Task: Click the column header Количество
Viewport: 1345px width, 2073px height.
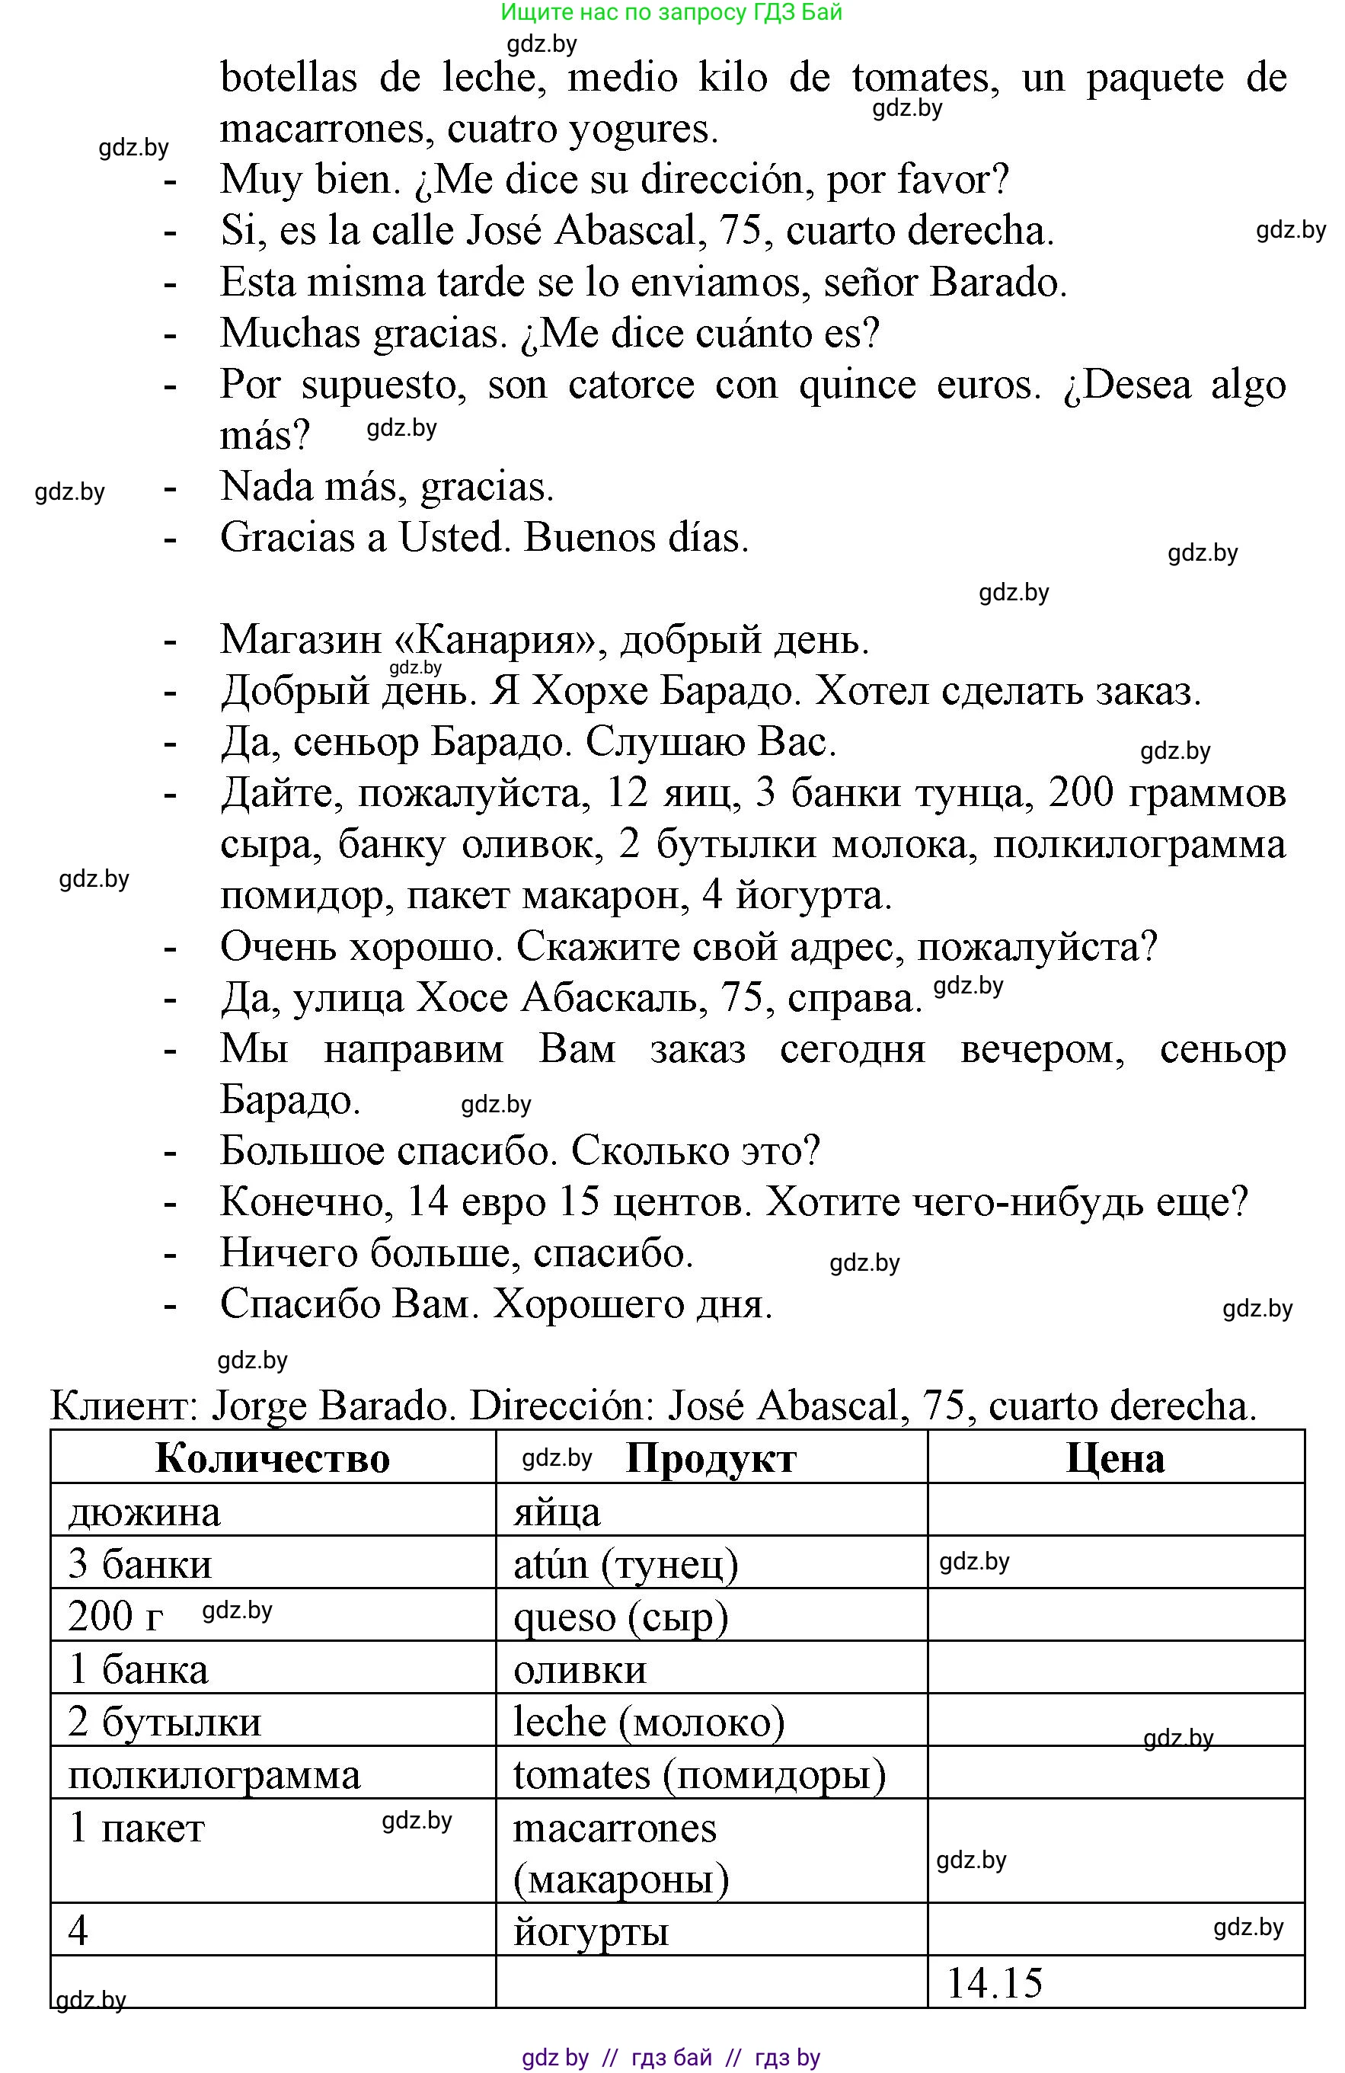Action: coord(273,1458)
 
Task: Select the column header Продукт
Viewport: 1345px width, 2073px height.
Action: coord(711,1458)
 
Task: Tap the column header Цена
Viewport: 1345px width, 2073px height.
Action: coord(1115,1458)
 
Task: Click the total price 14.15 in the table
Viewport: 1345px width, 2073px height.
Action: coord(993,1983)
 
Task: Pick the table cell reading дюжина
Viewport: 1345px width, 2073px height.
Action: coord(145,1512)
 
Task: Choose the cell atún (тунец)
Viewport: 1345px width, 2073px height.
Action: coord(625,1564)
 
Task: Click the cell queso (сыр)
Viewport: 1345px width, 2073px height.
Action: coord(620,1617)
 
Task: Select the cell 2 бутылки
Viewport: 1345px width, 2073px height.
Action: coord(165,1722)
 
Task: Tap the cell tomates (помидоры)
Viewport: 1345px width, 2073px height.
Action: coord(699,1774)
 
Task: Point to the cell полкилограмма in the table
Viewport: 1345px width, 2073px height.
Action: coord(214,1775)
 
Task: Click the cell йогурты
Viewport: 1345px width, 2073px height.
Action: coord(591,1931)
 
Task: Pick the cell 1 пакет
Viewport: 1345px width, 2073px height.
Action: coord(136,1828)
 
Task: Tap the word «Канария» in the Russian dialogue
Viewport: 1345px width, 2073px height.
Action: coord(500,640)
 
